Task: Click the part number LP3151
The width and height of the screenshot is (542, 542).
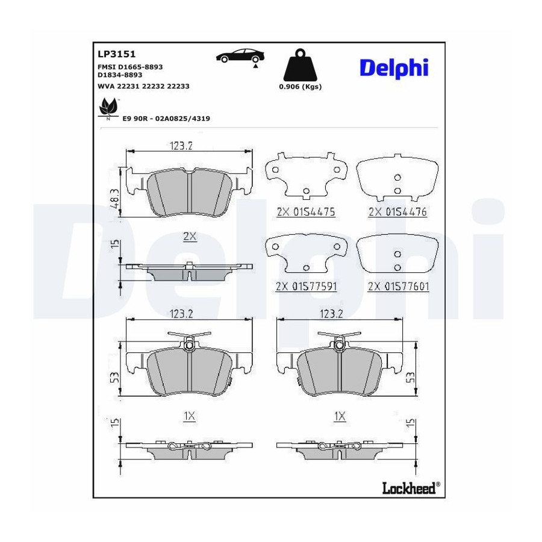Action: (116, 54)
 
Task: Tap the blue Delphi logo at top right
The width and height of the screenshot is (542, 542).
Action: (394, 68)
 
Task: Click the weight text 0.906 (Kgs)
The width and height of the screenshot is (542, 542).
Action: (301, 87)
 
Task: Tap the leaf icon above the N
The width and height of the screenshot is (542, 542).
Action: (108, 107)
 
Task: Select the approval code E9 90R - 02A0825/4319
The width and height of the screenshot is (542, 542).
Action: (166, 119)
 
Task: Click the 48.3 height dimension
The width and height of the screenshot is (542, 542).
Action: (114, 198)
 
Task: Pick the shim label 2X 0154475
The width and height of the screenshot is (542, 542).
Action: (306, 211)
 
